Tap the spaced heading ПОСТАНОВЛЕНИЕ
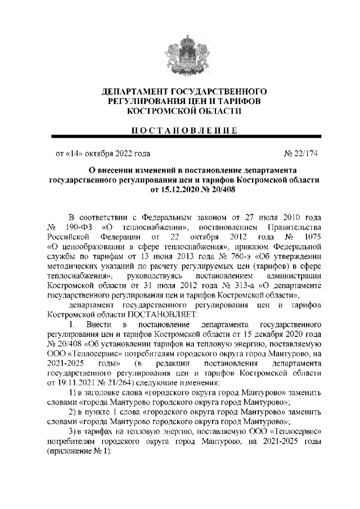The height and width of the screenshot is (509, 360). point(180,130)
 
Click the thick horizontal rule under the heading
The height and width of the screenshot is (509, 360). point(180,138)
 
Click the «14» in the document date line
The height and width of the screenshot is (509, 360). point(75,152)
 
